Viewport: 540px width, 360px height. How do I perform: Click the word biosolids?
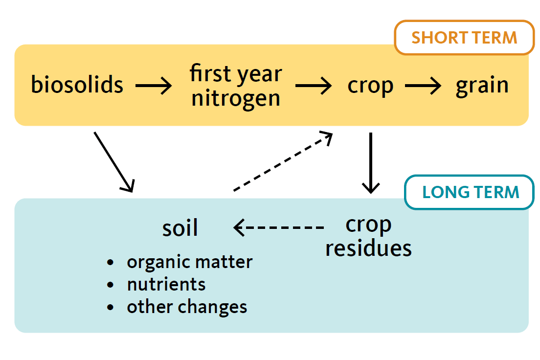77,85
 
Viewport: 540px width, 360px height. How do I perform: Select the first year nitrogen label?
236,86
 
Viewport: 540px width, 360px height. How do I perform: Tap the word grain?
482,86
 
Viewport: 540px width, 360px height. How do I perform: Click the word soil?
180,228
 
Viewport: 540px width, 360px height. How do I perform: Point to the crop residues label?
368,237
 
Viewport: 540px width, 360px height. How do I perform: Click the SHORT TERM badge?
464,38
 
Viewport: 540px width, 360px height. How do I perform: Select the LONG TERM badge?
470,192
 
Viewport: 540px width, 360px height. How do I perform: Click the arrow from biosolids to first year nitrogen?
154,86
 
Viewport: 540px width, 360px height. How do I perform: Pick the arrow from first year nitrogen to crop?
314,86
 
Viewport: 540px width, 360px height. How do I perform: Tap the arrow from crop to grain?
423,86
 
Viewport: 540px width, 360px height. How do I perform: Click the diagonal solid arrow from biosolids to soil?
114,162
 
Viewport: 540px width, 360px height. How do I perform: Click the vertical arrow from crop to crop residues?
371,163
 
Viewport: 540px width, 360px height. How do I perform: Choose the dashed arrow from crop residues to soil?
279,227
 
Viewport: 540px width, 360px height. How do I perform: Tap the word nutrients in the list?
166,285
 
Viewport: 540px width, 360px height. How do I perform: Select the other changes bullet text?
187,307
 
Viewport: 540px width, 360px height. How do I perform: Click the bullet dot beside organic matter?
110,263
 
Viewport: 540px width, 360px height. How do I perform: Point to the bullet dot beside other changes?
110,307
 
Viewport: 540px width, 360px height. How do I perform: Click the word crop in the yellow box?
370,86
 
